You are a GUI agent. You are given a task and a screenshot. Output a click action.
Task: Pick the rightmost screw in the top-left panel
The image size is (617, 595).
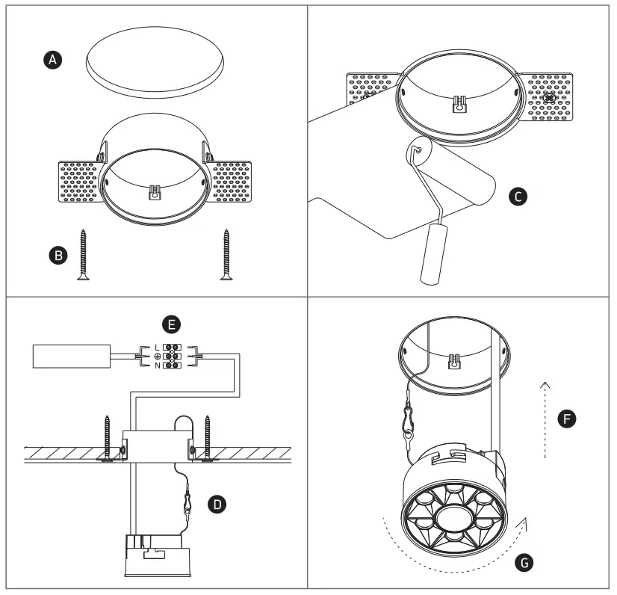coord(225,255)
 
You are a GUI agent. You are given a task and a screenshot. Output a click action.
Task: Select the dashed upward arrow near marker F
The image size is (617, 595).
coord(545,419)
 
